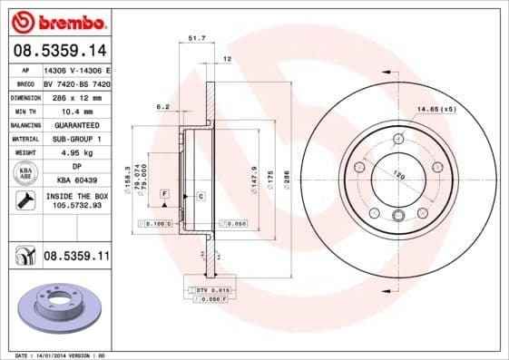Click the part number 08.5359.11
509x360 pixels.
pos(76,257)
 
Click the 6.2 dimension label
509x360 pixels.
pos(164,107)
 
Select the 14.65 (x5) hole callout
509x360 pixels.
pos(436,110)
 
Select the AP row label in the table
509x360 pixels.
pos(24,69)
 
